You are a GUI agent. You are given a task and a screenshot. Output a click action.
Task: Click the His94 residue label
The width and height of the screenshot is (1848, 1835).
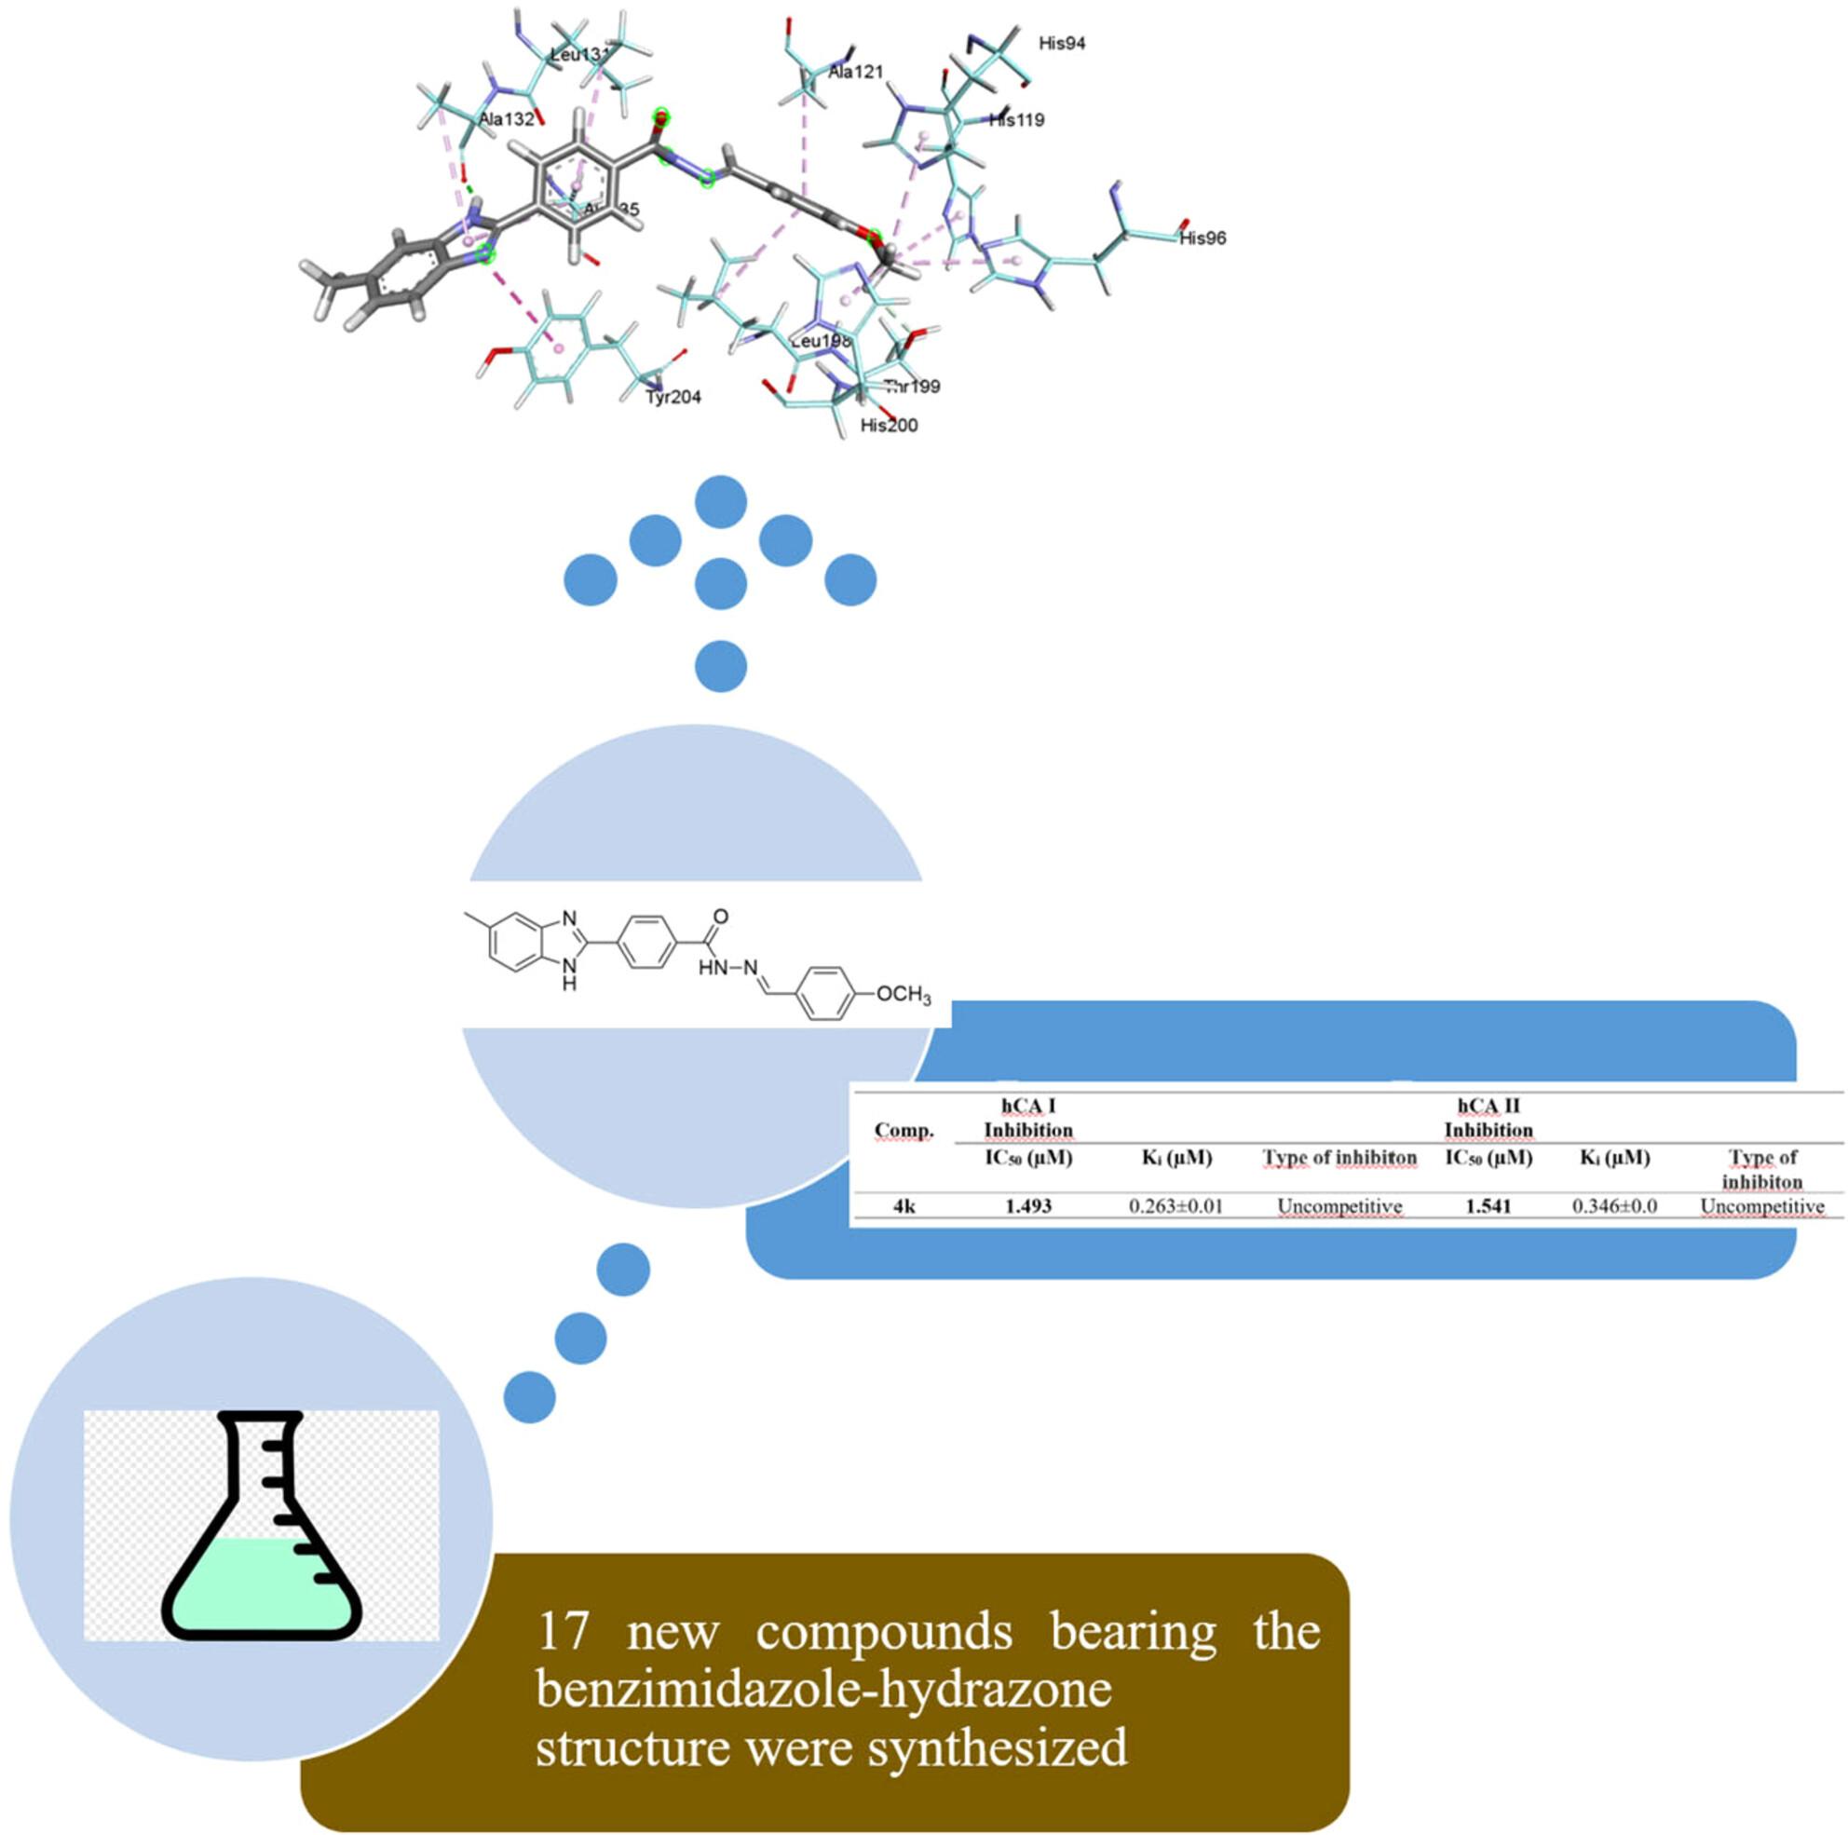coord(1062,44)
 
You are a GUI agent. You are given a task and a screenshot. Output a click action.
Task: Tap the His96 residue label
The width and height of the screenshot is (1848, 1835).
coord(1203,238)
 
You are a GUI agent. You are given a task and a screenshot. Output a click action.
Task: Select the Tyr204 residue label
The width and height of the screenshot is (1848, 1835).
coord(673,396)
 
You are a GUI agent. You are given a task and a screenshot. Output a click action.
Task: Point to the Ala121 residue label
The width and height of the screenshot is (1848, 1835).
coord(856,72)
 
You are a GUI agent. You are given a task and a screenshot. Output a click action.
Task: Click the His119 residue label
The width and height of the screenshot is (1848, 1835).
coord(1017,120)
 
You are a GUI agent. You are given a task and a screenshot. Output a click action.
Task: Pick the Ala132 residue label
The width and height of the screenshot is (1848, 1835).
coord(507,119)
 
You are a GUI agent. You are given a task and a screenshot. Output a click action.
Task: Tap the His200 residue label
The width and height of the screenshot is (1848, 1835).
coord(889,425)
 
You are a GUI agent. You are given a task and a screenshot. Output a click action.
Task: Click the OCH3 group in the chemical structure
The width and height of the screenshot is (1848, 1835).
coord(903,995)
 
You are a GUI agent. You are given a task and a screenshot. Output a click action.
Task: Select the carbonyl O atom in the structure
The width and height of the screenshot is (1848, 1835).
coord(721,917)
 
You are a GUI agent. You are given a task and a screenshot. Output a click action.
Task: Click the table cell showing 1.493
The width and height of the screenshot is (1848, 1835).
coord(1028,1205)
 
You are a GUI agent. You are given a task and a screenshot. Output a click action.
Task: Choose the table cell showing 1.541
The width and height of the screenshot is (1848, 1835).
coord(1488,1205)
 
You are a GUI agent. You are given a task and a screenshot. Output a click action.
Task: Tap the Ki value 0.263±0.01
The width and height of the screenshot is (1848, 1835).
coord(1175,1205)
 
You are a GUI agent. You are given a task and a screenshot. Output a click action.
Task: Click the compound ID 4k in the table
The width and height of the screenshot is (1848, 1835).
coord(904,1205)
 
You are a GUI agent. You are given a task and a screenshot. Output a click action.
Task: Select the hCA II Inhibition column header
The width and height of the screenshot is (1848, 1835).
coord(1488,1118)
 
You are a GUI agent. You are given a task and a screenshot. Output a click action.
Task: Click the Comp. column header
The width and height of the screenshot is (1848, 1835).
coord(904,1130)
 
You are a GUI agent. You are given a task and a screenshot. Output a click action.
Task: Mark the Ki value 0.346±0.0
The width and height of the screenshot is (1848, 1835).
coord(1614,1205)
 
